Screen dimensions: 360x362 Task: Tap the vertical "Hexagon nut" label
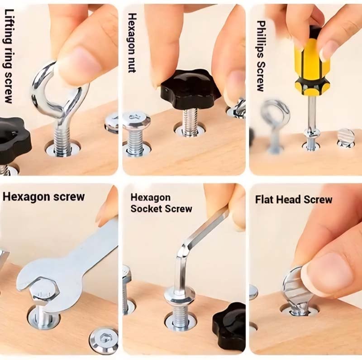click(132, 43)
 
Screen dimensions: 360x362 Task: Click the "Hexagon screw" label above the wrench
click(43, 197)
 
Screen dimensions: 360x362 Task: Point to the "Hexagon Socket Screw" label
click(161, 203)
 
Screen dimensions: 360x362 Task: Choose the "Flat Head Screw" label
click(293, 199)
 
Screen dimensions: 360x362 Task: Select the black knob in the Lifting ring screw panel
click(14, 140)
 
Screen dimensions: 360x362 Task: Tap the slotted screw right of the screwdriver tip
click(346, 137)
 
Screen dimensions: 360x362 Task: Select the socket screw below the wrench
click(103, 339)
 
